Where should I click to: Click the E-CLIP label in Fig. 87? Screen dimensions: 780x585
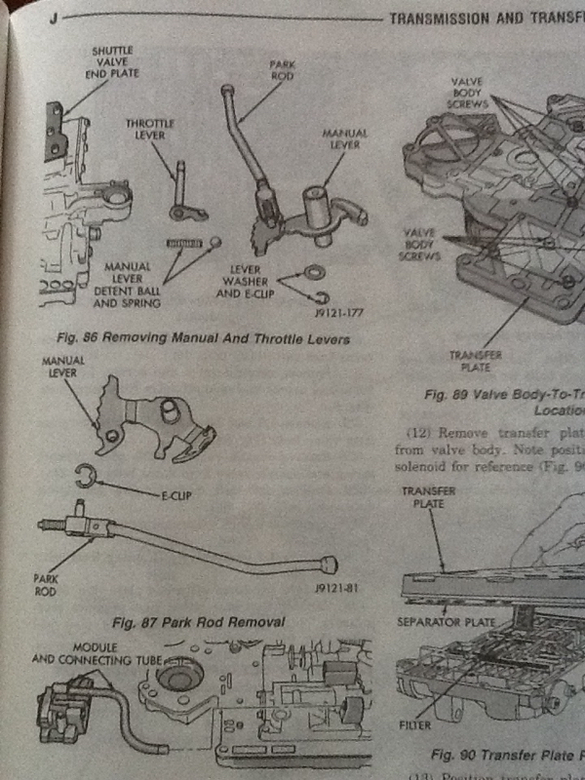tap(172, 496)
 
